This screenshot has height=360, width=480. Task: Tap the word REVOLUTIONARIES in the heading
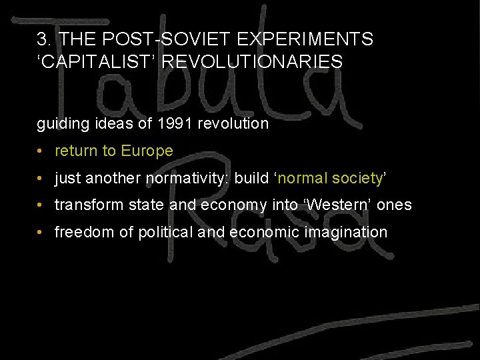253,63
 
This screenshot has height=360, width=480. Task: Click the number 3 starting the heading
41,39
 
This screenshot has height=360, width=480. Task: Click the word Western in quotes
338,205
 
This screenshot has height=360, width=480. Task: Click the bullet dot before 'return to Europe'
41,152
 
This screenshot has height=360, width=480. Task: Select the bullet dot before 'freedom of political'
41,233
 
